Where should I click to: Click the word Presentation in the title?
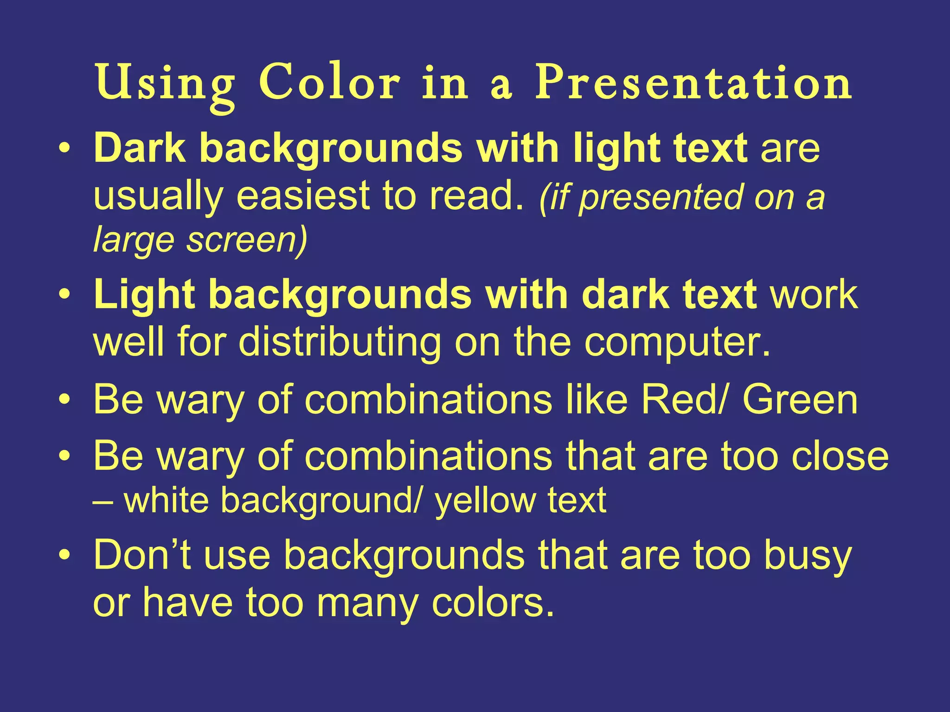(x=693, y=83)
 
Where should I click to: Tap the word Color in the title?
(x=329, y=83)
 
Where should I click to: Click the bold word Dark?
(x=140, y=148)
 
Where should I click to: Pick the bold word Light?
(x=144, y=296)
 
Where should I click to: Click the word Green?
(x=800, y=400)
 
